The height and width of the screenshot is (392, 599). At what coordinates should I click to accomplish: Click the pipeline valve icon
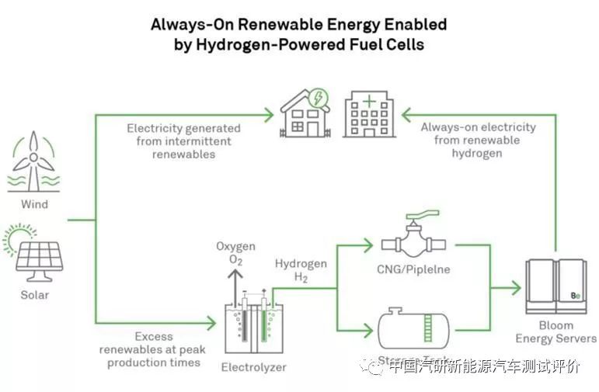click(x=413, y=238)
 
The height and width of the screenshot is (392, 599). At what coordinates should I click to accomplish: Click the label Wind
click(x=34, y=205)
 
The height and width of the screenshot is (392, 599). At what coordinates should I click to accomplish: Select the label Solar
click(x=34, y=295)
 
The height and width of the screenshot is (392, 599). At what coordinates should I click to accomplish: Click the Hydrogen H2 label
click(x=301, y=271)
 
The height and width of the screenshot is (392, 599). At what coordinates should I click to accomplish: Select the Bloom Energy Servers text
click(x=556, y=332)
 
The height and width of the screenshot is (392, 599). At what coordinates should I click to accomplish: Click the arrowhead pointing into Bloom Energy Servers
click(x=515, y=288)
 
